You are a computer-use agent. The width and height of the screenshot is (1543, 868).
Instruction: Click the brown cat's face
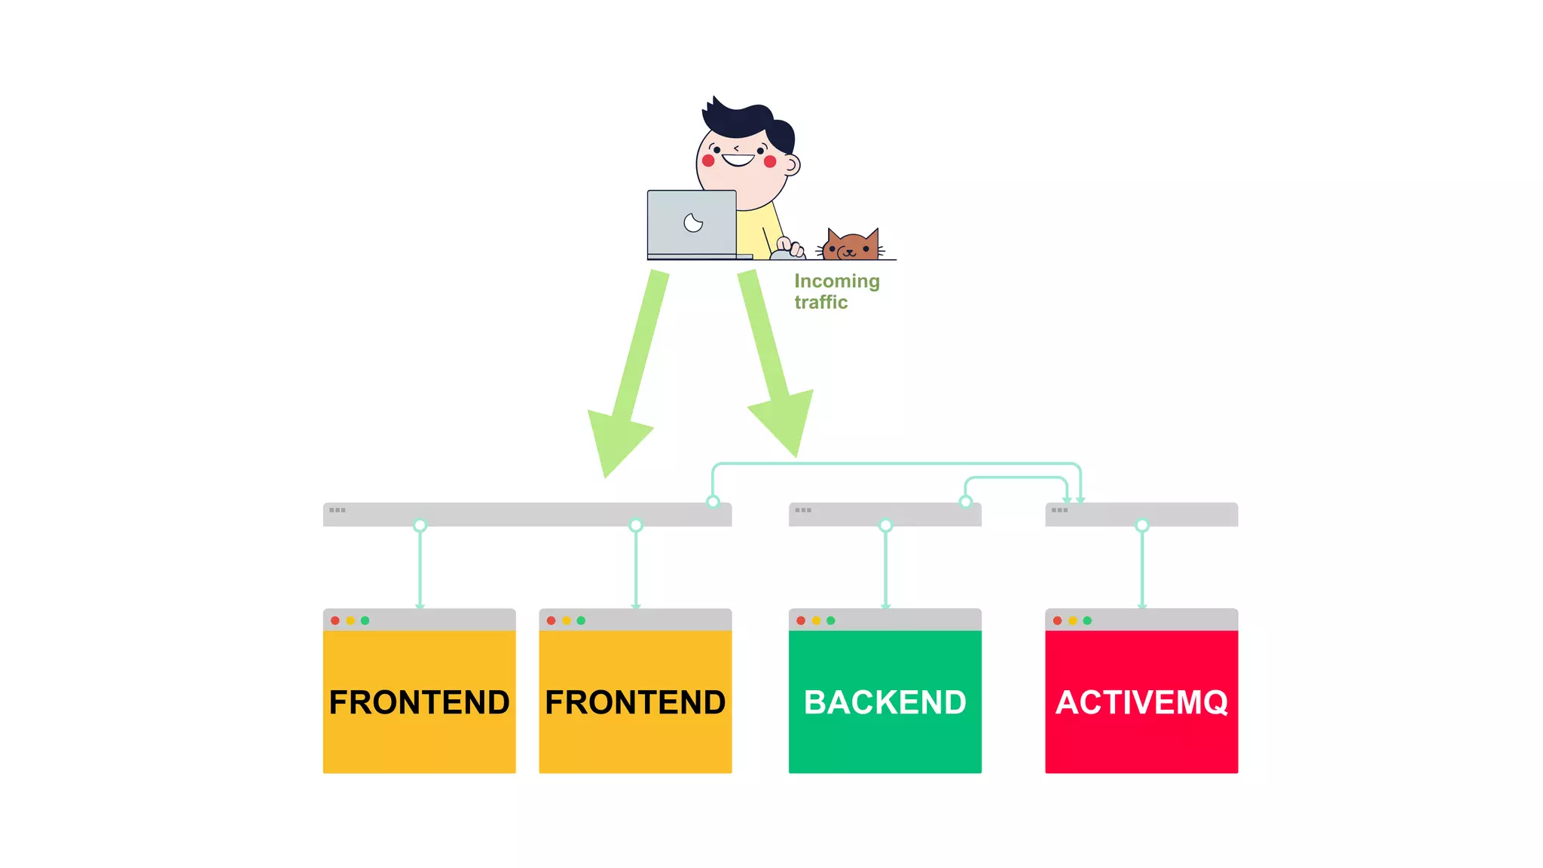852,246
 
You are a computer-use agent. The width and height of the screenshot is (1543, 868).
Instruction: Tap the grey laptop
692,224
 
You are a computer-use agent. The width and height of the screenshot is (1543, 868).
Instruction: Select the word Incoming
836,281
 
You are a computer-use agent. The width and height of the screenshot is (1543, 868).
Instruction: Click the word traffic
820,302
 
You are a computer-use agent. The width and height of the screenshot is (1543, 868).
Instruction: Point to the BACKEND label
885,702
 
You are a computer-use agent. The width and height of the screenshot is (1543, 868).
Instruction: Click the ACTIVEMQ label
1141,702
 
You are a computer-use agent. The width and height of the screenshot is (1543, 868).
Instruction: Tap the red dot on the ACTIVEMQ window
1057,621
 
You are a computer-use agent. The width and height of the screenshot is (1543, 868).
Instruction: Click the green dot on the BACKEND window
831,621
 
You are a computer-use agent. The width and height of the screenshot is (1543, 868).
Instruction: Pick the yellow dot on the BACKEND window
816,621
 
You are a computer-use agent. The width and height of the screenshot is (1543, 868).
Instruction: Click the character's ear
791,164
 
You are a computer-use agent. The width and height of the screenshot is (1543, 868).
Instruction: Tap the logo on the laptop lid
693,223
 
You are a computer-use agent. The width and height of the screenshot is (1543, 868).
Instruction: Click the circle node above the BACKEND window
885,526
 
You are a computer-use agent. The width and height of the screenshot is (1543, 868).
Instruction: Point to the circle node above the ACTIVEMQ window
1142,526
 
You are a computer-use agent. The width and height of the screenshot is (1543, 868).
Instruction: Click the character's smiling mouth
738,160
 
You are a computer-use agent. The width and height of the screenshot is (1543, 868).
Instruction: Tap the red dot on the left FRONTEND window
335,621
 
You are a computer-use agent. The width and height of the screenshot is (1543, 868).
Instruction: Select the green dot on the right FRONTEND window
581,621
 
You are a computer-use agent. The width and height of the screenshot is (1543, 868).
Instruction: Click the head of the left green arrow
614,441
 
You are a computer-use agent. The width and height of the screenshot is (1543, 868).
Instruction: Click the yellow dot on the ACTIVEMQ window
1072,621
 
